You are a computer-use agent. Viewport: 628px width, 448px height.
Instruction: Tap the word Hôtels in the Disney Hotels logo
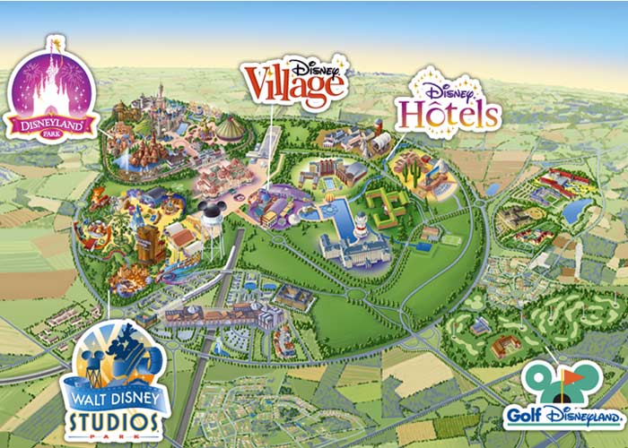coord(449,115)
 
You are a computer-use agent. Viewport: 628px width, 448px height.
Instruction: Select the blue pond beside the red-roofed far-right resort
coord(576,212)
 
